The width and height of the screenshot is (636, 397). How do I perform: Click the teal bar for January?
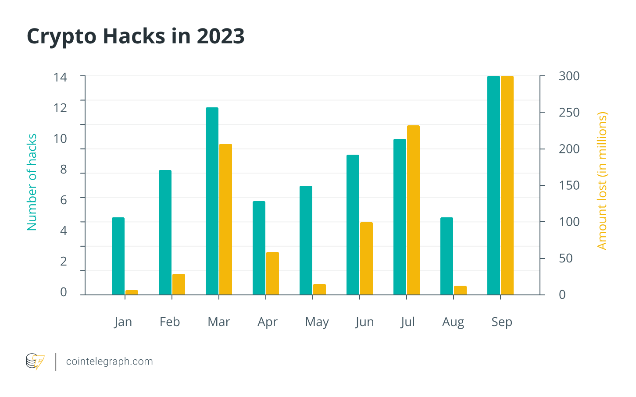(x=118, y=256)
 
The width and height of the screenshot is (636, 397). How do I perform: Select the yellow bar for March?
(x=225, y=219)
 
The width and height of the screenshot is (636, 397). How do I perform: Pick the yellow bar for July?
(x=413, y=210)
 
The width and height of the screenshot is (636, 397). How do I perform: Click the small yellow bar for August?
(x=460, y=290)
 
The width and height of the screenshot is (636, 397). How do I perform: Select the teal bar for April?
(x=259, y=248)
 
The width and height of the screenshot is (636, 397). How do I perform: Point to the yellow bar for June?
(x=366, y=258)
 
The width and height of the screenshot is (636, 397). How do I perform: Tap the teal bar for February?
(x=165, y=232)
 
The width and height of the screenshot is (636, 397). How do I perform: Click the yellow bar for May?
(x=319, y=289)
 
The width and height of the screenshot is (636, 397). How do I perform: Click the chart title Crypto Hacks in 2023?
(x=136, y=36)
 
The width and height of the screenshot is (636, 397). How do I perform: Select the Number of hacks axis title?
(x=32, y=182)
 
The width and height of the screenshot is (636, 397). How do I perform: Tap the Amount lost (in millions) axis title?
(x=602, y=181)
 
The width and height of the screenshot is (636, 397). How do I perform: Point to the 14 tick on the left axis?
(x=61, y=78)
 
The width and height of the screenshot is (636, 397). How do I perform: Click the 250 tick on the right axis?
(x=569, y=113)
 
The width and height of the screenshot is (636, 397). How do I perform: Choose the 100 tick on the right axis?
(x=569, y=222)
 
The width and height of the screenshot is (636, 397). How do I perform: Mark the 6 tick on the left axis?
(x=64, y=200)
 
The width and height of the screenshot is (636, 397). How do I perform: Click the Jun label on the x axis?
(x=364, y=322)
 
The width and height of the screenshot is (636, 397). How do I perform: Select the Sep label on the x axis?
(x=501, y=322)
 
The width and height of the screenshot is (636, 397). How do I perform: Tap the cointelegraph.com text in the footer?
(x=109, y=362)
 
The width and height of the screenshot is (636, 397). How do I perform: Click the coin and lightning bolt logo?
(x=35, y=362)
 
